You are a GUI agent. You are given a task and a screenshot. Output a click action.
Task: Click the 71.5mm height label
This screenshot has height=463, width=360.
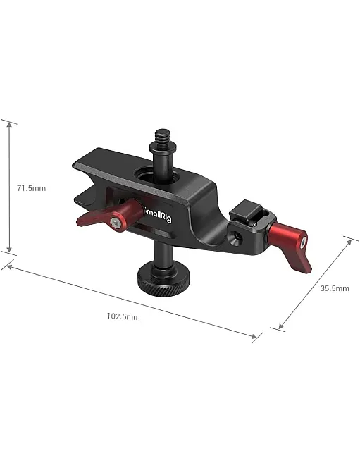[32, 188]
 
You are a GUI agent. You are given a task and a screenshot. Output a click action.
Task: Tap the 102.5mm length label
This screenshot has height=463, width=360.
[123, 316]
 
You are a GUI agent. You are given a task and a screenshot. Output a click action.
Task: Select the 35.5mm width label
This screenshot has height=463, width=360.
[335, 288]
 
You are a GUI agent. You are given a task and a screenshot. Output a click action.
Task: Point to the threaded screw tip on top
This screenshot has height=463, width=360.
[163, 135]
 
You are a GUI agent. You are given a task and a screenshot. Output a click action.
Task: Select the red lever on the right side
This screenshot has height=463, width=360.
[290, 246]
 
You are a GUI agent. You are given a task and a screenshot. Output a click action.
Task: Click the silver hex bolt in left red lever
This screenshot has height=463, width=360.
[116, 223]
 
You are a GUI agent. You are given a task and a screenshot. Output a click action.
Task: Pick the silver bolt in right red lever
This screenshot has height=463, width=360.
[302, 242]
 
